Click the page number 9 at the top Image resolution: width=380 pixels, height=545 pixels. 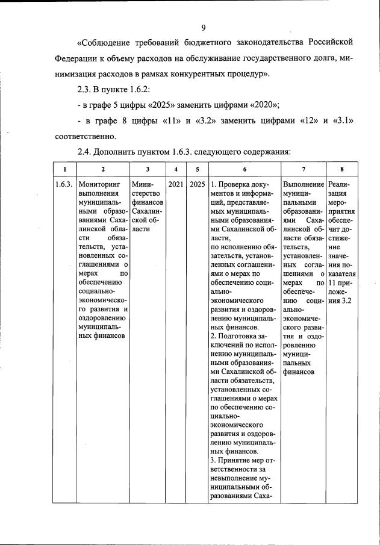tap(204, 28)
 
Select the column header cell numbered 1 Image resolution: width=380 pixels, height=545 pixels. tap(64, 169)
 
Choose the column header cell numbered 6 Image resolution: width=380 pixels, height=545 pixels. tap(244, 169)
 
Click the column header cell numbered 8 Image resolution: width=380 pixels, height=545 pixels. tap(342, 169)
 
